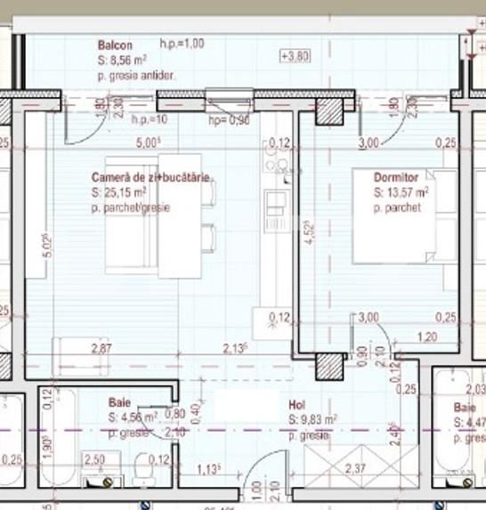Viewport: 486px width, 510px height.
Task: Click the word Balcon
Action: click(115, 45)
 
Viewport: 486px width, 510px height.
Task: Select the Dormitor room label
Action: click(395, 178)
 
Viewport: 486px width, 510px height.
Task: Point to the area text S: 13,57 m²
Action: click(401, 192)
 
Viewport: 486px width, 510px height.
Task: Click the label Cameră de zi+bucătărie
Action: click(150, 178)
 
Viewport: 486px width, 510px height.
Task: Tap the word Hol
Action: click(297, 403)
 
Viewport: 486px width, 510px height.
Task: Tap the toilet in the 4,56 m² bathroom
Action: click(141, 473)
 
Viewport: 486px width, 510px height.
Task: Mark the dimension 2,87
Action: click(102, 349)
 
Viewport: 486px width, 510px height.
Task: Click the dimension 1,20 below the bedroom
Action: click(428, 337)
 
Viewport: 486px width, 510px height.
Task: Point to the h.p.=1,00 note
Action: click(182, 43)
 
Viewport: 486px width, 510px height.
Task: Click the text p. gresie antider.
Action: click(137, 77)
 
